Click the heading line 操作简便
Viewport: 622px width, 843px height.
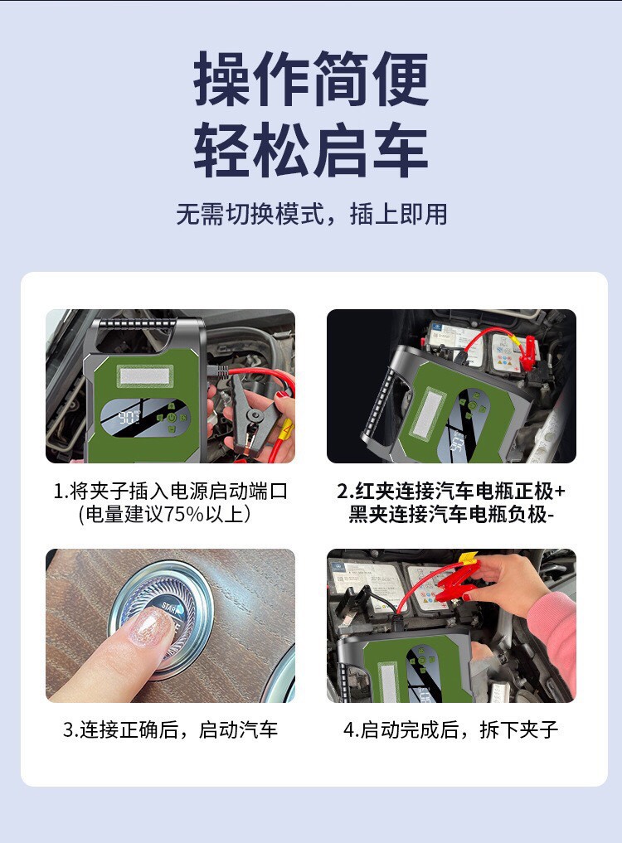click(x=311, y=80)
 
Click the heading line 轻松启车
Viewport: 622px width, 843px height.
click(x=311, y=150)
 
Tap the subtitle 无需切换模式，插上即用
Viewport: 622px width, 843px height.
click(x=312, y=213)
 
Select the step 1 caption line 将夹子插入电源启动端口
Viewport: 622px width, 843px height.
click(x=171, y=491)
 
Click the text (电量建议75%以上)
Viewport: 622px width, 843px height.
click(x=165, y=514)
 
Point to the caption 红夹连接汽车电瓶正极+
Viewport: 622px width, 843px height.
click(x=451, y=491)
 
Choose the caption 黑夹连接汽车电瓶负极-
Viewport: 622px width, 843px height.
click(x=451, y=514)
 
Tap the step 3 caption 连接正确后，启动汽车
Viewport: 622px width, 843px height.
click(x=171, y=729)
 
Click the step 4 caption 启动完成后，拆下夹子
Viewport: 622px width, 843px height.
click(x=451, y=729)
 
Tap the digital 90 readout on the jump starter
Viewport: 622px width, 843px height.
click(x=129, y=417)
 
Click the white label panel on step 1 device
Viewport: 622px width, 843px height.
click(x=146, y=375)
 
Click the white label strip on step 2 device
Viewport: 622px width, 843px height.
click(x=429, y=413)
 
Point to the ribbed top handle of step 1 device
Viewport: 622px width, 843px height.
click(x=138, y=323)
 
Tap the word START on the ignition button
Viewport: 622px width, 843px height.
click(x=171, y=608)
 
